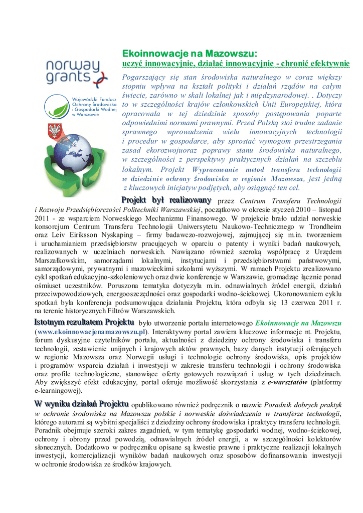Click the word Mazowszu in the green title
tap(229, 53)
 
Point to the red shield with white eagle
tap(54, 132)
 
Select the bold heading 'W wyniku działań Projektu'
tap(81, 404)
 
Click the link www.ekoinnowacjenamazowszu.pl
tap(92, 332)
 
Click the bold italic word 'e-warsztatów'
tap(288, 382)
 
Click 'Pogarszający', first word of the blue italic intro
tap(147, 78)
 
